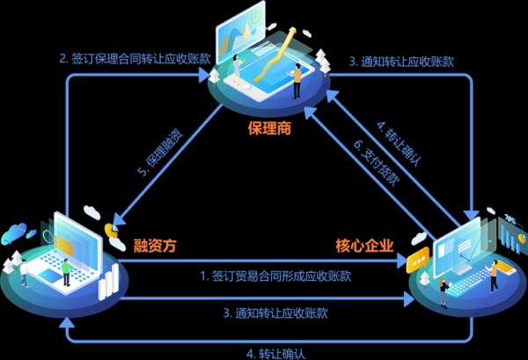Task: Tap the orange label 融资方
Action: (155, 246)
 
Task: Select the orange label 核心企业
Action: (363, 246)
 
